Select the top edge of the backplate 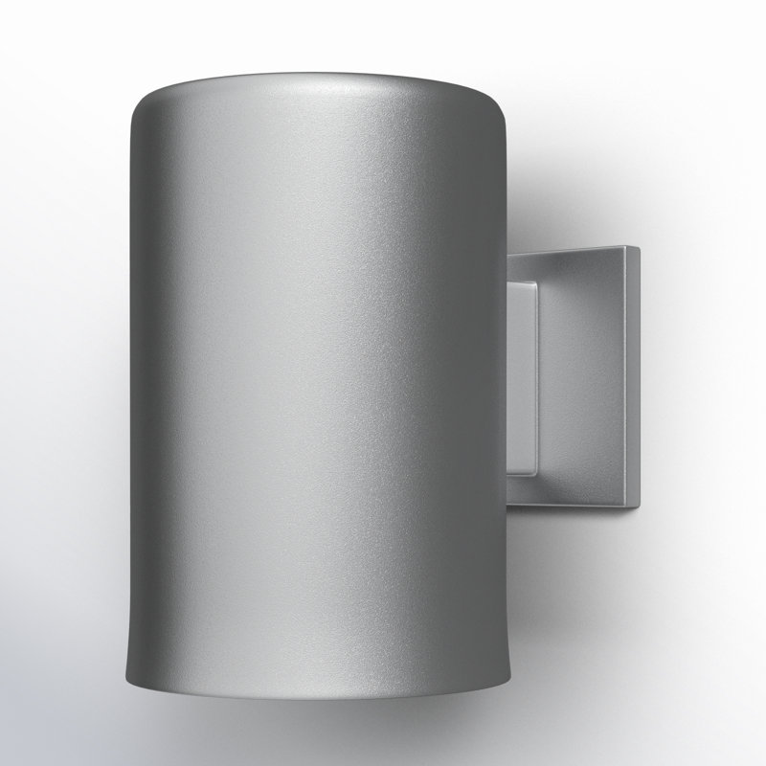click(x=574, y=251)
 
